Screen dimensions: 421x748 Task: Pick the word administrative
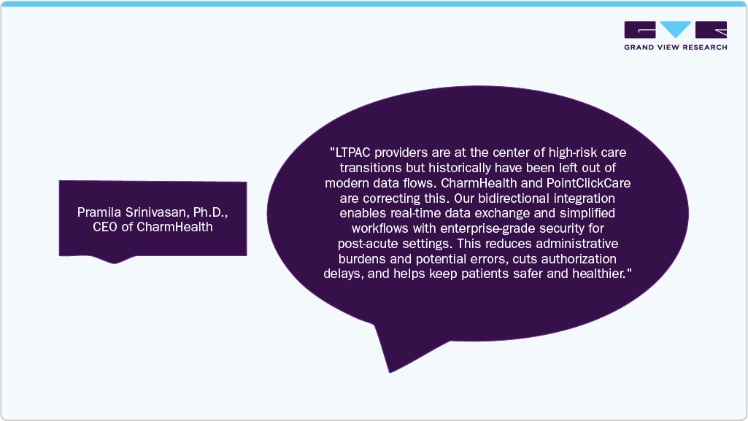[x=574, y=243]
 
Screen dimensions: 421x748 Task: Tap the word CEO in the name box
[x=105, y=227]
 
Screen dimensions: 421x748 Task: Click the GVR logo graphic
[x=675, y=30]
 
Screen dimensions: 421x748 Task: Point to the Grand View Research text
[x=675, y=47]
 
